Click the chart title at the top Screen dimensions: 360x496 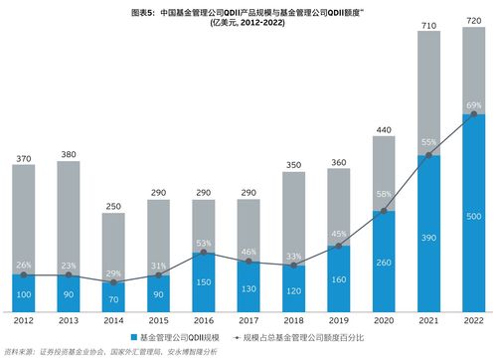pos(249,20)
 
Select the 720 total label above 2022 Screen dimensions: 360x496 pos(474,21)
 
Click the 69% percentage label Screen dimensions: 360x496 pos(474,105)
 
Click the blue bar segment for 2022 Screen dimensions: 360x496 pos(474,219)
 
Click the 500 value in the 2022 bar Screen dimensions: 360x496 pos(474,217)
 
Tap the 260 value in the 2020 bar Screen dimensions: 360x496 pos(384,264)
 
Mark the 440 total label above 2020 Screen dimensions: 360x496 pos(384,129)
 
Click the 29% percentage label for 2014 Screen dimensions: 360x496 pos(113,272)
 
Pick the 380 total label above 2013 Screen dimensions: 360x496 pos(69,154)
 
